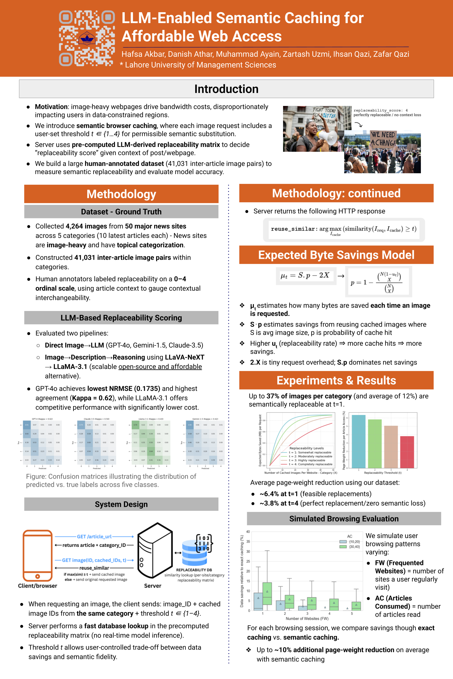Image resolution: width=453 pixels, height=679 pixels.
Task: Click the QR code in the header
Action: pos(87,38)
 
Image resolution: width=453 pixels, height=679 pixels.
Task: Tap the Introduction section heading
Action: pos(226,89)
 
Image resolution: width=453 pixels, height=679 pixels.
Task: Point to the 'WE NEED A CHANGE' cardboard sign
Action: pos(383,139)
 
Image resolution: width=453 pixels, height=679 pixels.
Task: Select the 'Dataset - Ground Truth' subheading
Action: pos(121,212)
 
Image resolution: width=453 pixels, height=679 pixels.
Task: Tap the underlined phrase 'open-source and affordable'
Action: pos(160,366)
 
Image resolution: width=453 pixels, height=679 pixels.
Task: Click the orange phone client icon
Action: pos(38,555)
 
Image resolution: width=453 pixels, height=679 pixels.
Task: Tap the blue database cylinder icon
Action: pos(194,553)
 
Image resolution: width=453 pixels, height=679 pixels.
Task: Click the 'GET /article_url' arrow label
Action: pos(94,536)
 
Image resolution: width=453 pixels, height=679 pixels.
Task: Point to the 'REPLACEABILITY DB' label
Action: pos(194,570)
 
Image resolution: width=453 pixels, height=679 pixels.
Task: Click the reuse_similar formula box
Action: pos(343,230)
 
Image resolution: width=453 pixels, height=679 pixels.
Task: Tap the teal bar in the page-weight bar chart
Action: pos(358,441)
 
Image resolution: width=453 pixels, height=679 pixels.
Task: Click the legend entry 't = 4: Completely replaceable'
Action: pos(310,464)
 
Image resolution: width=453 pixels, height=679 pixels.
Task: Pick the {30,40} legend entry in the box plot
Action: pos(351,547)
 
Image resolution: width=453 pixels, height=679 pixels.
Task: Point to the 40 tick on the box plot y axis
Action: pos(248,532)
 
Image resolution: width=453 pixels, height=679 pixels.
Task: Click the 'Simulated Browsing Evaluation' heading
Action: pos(344,518)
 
